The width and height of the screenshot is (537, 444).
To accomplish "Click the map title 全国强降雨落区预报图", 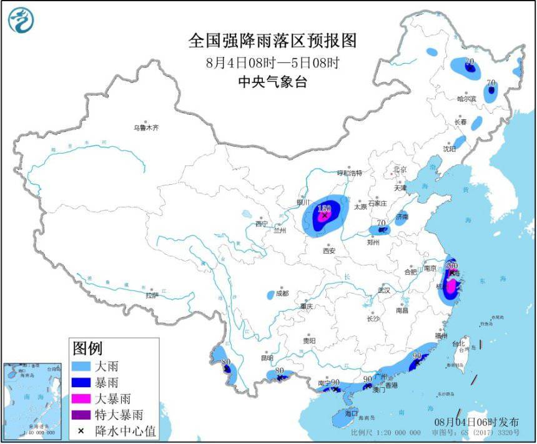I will (x=272, y=41).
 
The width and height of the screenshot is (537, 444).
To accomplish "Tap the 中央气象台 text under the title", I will (x=272, y=82).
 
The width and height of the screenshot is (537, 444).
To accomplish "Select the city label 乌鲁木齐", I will (x=146, y=127).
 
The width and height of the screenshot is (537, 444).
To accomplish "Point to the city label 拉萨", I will (x=152, y=295).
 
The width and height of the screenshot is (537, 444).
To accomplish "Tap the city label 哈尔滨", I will (x=466, y=99).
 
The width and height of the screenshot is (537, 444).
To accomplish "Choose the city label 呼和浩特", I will (x=350, y=172).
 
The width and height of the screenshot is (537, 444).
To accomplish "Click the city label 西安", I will (x=329, y=250).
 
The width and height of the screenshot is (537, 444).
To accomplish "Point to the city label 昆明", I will (x=267, y=358).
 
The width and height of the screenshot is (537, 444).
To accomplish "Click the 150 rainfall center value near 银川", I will (x=324, y=208).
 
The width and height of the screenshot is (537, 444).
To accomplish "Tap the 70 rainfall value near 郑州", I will (x=382, y=223).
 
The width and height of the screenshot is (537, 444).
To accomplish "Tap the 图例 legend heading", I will (x=87, y=348).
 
